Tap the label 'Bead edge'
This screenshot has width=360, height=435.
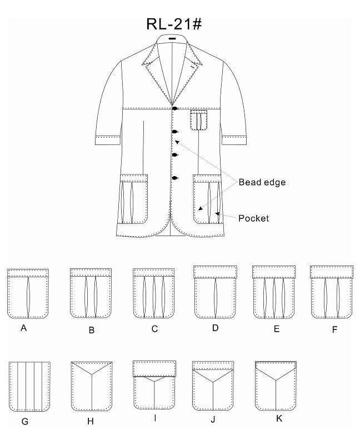pyautogui.click(x=262, y=182)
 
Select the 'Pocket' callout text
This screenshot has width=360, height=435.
pyautogui.click(x=253, y=218)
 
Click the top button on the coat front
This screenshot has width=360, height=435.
pyautogui.click(x=175, y=109)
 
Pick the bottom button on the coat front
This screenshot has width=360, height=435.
pyautogui.click(x=175, y=177)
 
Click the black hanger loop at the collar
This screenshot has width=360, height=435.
pyautogui.click(x=172, y=39)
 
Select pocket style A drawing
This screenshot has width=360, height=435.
pyautogui.click(x=27, y=294)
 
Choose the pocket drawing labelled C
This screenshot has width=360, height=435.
pyautogui.click(x=153, y=294)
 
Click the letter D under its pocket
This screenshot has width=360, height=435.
pyautogui.click(x=215, y=328)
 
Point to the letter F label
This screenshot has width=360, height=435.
pyautogui.click(x=334, y=329)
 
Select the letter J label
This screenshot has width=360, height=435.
pyautogui.click(x=212, y=419)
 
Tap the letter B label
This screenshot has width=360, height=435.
pyautogui.click(x=92, y=330)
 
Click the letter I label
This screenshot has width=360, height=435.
pyautogui.click(x=155, y=418)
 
